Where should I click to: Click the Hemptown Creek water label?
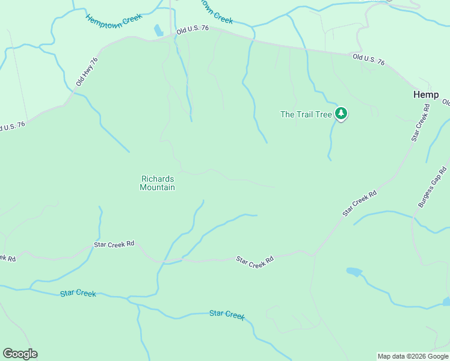tap(114, 20)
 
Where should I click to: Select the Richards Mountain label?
tap(158, 183)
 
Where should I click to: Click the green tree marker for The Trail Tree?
tap(341, 114)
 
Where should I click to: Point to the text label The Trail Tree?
tap(306, 114)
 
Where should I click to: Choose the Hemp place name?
tap(425, 94)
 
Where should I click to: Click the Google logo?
tap(20, 354)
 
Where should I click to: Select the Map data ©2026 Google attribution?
tap(413, 356)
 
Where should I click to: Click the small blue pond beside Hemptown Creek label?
tap(159, 30)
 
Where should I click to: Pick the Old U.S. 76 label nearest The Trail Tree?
tap(368, 59)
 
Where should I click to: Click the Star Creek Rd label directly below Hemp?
tap(421, 123)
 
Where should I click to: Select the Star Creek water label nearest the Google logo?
tap(78, 293)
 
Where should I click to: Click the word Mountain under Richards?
tap(158, 187)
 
